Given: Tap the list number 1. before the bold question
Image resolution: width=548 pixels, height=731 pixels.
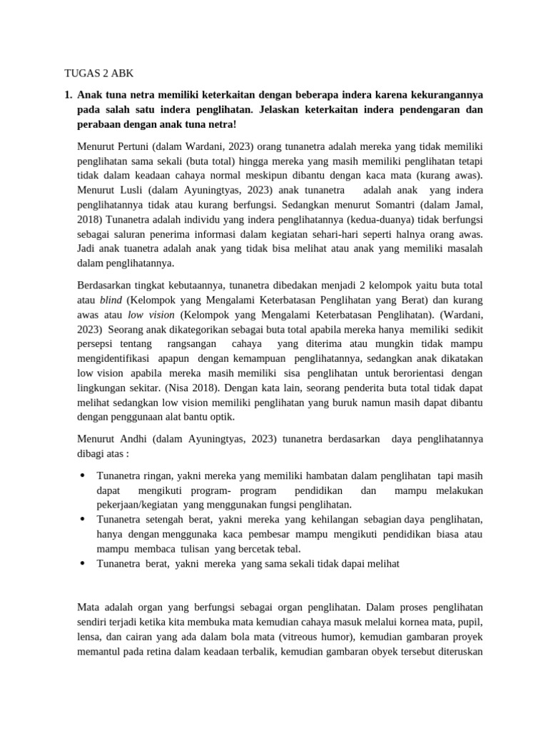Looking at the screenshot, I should pyautogui.click(x=68, y=94).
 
